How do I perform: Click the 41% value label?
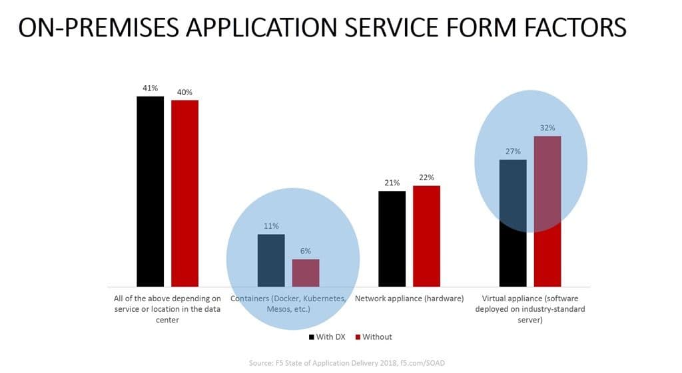pyautogui.click(x=150, y=88)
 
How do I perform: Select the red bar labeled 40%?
pyautogui.click(x=184, y=193)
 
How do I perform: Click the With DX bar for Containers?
pyautogui.click(x=271, y=260)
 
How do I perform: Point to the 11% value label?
pyautogui.click(x=271, y=226)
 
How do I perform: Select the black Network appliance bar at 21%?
pyautogui.click(x=392, y=239)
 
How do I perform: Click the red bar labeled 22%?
pyautogui.click(x=426, y=236)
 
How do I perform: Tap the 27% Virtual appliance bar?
pyautogui.click(x=513, y=223)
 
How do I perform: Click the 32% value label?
pyautogui.click(x=547, y=128)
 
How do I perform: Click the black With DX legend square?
pyautogui.click(x=312, y=337)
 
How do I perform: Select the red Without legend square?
pyautogui.click(x=356, y=337)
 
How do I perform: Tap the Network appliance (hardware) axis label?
pyautogui.click(x=409, y=299)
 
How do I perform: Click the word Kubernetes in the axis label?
pyautogui.click(x=321, y=299)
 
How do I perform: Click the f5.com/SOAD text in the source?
pyautogui.click(x=430, y=363)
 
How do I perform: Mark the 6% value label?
pyautogui.click(x=306, y=251)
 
